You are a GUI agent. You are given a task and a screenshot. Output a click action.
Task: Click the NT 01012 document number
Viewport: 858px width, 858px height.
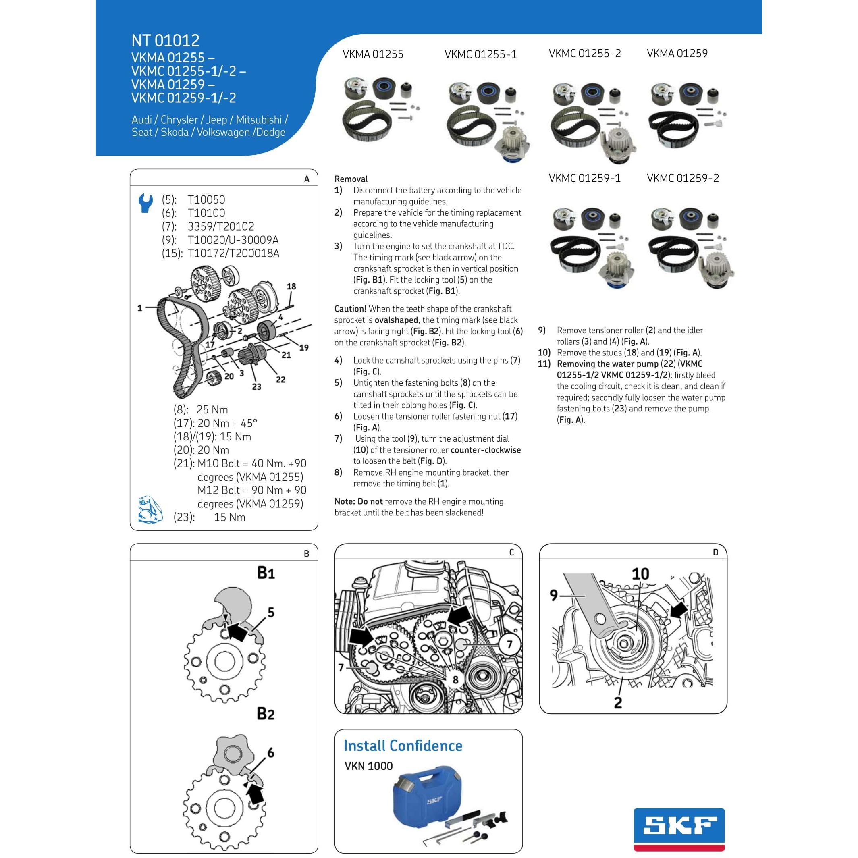pyautogui.click(x=165, y=40)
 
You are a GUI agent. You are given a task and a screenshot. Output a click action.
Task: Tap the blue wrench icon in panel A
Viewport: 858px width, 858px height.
pyautogui.click(x=145, y=203)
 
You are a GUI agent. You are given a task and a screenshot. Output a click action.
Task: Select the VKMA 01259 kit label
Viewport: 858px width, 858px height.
pyautogui.click(x=677, y=53)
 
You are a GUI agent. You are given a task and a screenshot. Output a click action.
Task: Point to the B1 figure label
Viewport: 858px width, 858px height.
pyautogui.click(x=266, y=572)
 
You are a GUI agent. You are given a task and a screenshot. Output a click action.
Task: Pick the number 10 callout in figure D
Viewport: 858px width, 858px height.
pyautogui.click(x=640, y=574)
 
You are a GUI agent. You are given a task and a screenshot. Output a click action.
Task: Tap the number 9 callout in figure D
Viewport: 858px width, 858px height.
pyautogui.click(x=553, y=595)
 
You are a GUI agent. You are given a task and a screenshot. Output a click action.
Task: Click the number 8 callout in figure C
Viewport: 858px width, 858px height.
pyautogui.click(x=455, y=679)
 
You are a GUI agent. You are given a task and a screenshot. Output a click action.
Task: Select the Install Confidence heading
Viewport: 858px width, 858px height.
pyautogui.click(x=403, y=746)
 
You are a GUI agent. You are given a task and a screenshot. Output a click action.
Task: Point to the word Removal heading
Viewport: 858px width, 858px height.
pyautogui.click(x=351, y=179)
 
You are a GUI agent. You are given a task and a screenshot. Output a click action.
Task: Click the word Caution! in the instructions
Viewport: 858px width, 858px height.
pyautogui.click(x=350, y=309)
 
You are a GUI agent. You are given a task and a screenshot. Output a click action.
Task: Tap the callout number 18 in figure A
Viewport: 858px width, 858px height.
pyautogui.click(x=291, y=287)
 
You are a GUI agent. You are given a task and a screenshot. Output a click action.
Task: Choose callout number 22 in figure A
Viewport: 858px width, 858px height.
pyautogui.click(x=280, y=379)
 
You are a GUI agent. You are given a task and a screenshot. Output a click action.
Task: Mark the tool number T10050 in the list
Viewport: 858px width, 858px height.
pyautogui.click(x=206, y=199)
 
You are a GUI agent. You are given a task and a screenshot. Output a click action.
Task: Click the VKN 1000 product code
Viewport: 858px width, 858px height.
pyautogui.click(x=369, y=766)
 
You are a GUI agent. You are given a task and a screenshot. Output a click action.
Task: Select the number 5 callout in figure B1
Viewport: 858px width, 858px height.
pyautogui.click(x=271, y=613)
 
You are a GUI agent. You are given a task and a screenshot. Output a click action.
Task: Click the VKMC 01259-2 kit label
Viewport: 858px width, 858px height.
pyautogui.click(x=683, y=178)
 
